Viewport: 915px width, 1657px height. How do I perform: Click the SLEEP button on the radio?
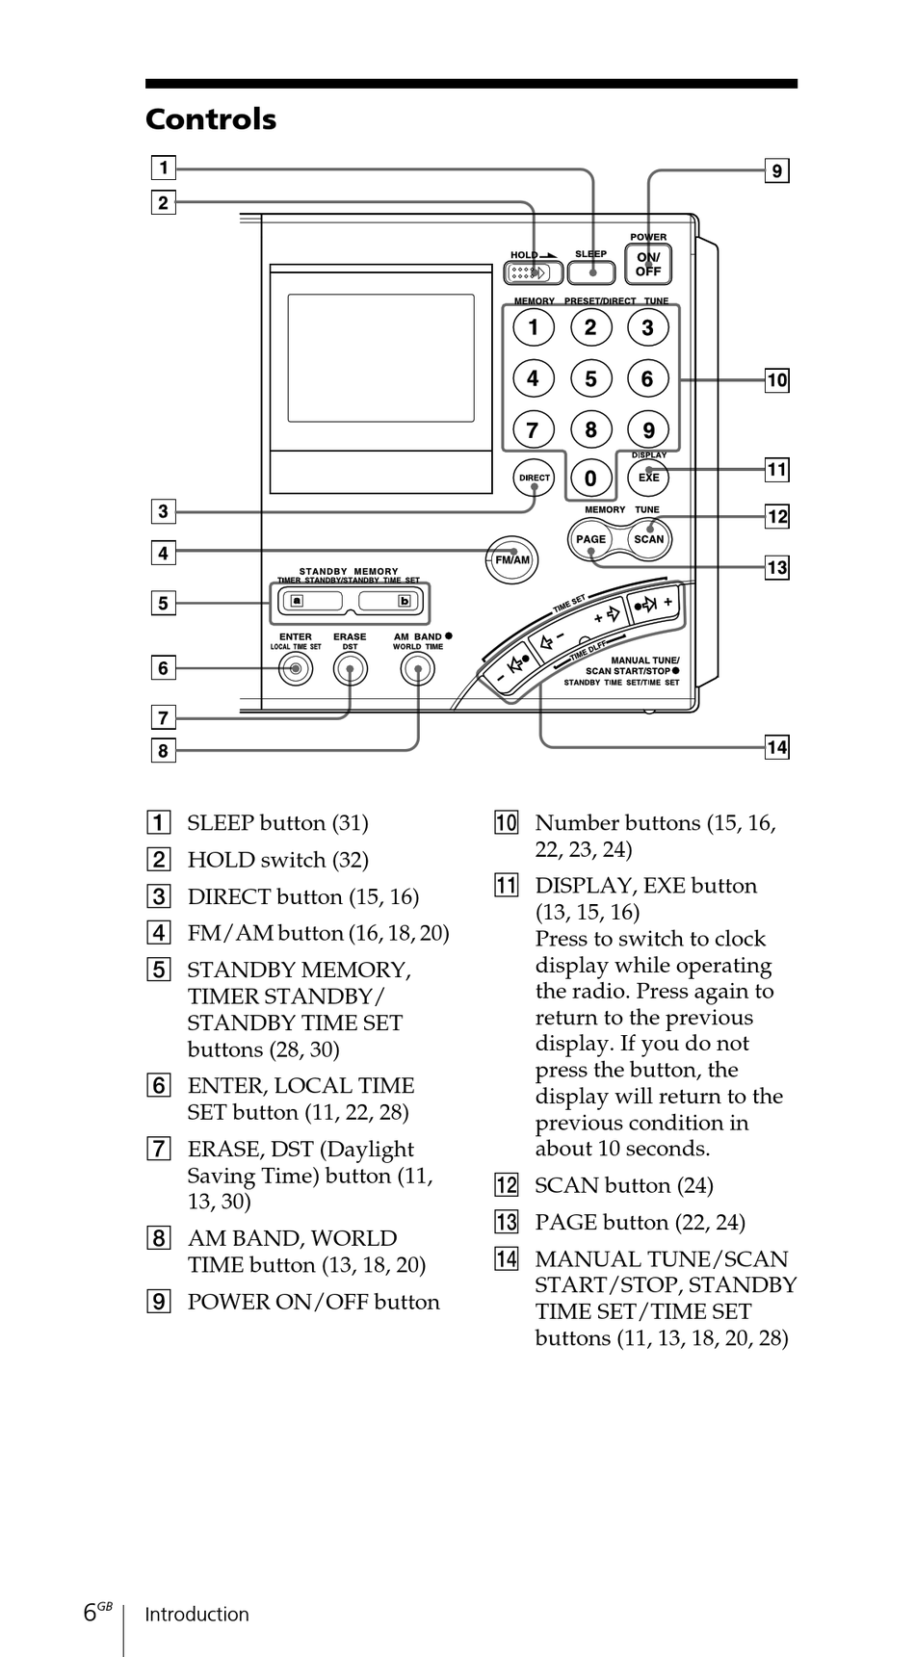(590, 272)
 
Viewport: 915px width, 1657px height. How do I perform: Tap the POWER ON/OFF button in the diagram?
(648, 264)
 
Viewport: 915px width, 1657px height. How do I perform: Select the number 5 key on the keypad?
(590, 378)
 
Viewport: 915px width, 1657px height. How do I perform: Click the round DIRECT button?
(535, 478)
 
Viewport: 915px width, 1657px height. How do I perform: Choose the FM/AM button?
(512, 559)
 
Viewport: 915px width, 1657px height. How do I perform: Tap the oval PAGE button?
(590, 539)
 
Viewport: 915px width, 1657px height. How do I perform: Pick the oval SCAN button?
(648, 539)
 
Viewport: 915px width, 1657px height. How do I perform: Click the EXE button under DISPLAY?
(648, 477)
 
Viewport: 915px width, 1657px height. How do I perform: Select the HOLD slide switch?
(534, 272)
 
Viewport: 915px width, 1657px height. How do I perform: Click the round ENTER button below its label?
(296, 669)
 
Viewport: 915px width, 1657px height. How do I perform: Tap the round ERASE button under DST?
(350, 669)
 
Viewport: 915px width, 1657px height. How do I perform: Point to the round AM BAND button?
(417, 669)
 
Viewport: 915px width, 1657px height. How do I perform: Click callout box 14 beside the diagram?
(777, 747)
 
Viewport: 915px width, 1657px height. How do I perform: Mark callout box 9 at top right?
(777, 171)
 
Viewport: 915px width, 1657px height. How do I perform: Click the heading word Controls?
(211, 119)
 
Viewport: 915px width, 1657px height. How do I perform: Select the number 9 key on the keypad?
(648, 429)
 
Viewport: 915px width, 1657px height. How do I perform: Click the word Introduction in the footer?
(196, 1615)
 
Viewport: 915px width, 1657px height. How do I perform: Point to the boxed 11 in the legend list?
(507, 886)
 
